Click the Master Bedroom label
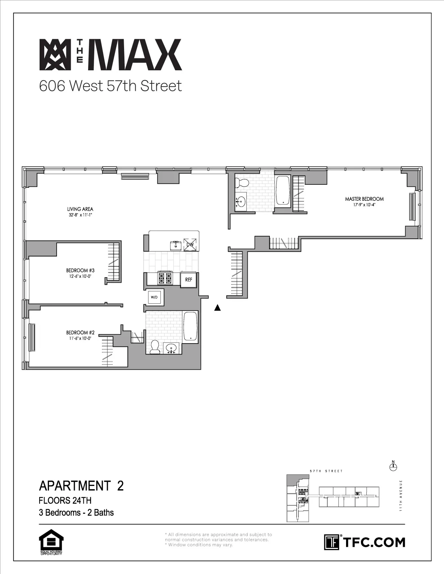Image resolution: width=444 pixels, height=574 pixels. pyautogui.click(x=364, y=199)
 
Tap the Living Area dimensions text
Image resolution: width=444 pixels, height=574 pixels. pyautogui.click(x=80, y=215)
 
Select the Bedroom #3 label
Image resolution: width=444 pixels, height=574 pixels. pyautogui.click(x=80, y=270)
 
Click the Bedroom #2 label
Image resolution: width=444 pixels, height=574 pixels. pyautogui.click(x=80, y=332)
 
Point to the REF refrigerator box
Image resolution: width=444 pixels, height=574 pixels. pyautogui.click(x=189, y=280)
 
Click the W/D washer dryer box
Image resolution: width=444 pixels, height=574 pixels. pyautogui.click(x=154, y=298)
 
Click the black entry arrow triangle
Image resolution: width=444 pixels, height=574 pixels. pyautogui.click(x=217, y=308)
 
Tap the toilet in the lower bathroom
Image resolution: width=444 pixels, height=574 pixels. pyautogui.click(x=155, y=347)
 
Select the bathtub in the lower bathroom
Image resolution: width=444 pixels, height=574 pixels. pyautogui.click(x=190, y=326)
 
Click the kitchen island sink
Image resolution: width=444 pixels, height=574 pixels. pyautogui.click(x=176, y=245)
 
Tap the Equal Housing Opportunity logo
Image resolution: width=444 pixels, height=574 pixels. pyautogui.click(x=51, y=542)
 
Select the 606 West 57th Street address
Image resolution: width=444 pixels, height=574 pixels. pyautogui.click(x=110, y=86)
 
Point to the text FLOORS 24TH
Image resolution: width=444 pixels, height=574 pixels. pyautogui.click(x=65, y=500)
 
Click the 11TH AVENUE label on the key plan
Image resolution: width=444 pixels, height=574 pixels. pyautogui.click(x=401, y=495)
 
